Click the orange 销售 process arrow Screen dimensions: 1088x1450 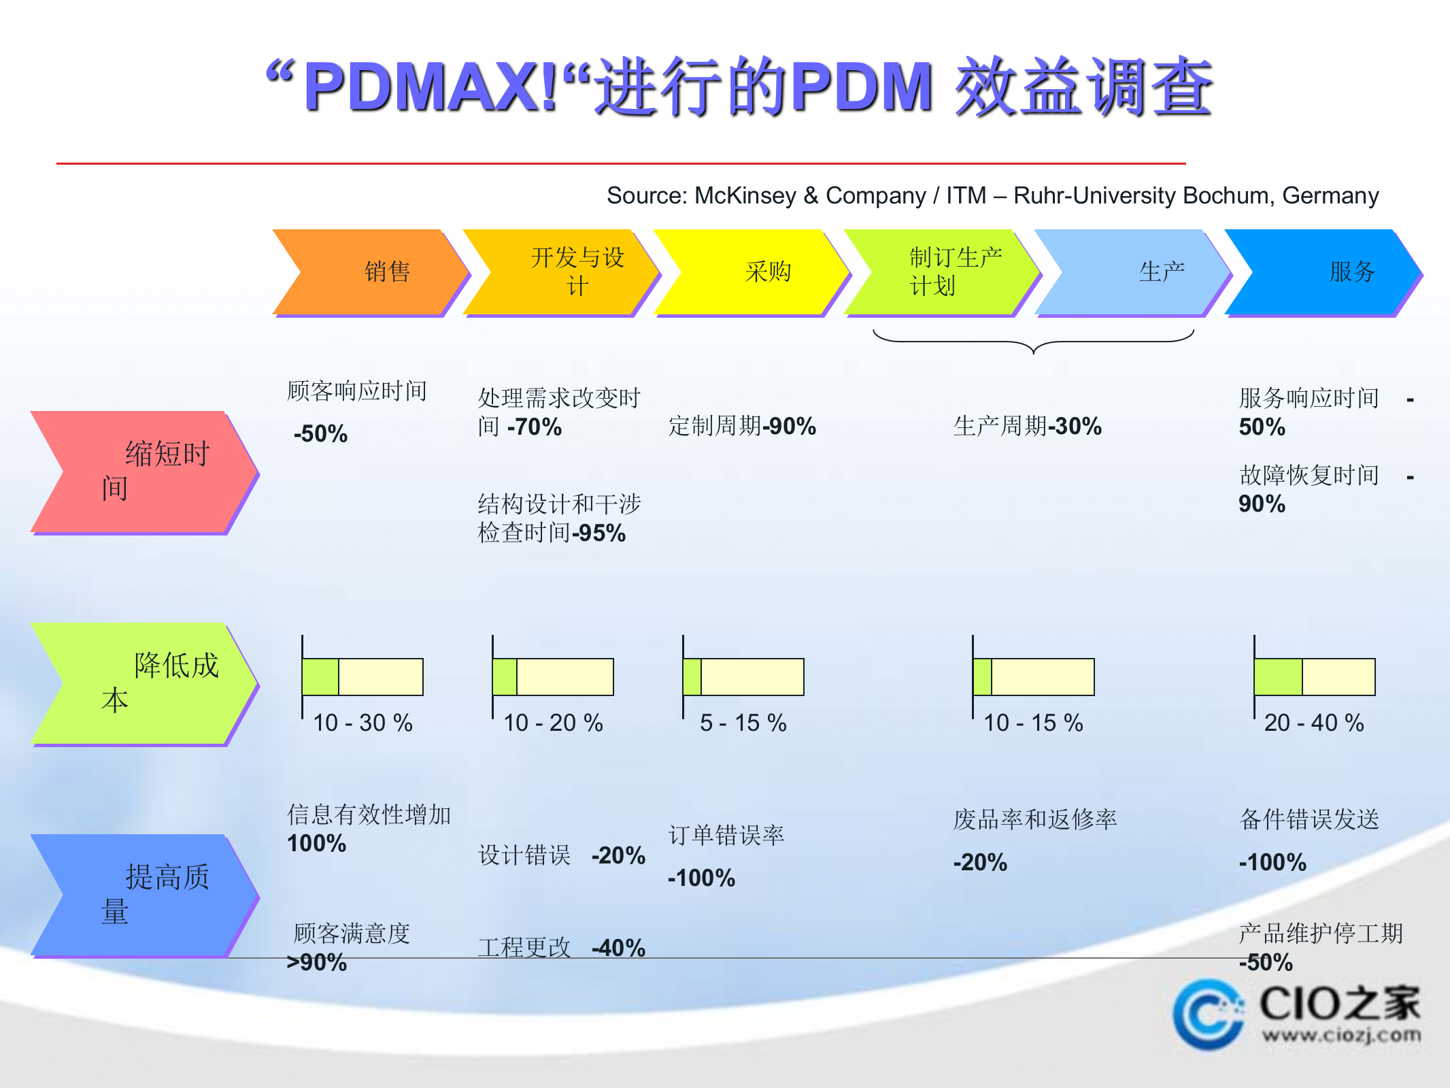371,272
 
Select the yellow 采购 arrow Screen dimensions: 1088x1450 752,272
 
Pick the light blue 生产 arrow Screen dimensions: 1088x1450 1132,272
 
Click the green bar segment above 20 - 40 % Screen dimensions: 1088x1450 1278,677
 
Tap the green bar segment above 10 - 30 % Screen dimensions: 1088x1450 320,677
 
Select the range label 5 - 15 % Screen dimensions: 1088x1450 743,723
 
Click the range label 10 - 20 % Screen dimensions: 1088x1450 553,723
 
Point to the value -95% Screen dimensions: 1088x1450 599,533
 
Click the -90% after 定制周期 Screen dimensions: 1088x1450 790,427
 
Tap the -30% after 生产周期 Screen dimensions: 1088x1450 1075,427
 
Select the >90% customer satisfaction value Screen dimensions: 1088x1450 317,963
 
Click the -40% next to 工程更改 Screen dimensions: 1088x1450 618,948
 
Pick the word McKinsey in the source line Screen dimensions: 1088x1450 745,196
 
